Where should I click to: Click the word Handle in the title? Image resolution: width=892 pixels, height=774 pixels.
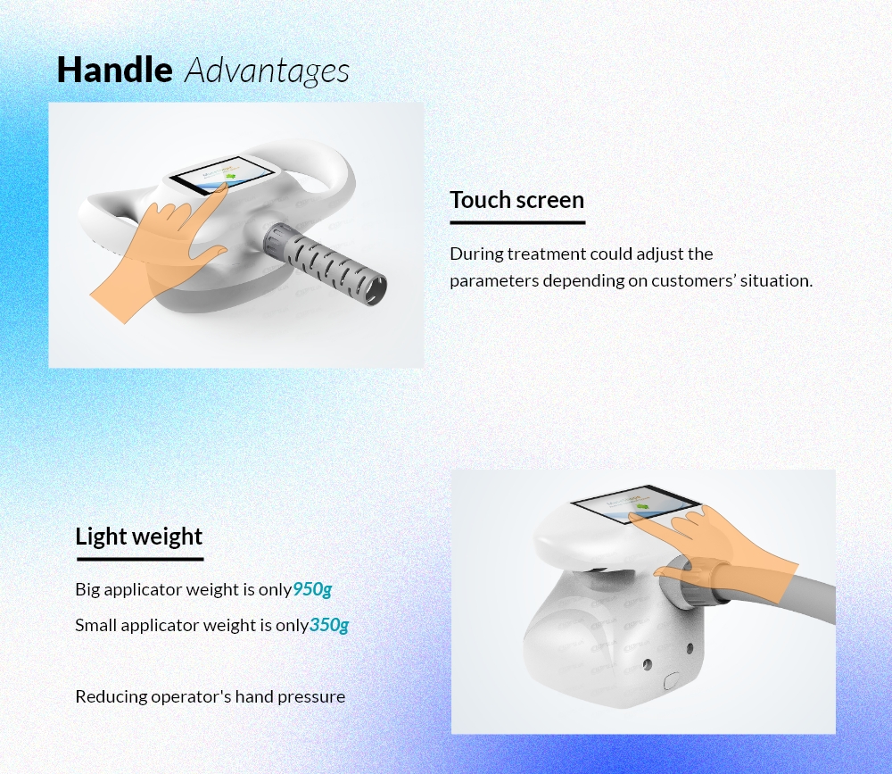114,70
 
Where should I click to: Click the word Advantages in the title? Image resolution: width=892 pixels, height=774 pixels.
267,71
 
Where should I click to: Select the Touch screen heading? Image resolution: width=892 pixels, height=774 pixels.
516,200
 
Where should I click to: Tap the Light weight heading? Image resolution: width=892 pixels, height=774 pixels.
138,537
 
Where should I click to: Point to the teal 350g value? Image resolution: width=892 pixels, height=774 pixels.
329,625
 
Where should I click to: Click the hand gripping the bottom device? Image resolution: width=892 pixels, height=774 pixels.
723,553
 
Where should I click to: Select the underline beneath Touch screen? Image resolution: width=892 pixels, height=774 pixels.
517,222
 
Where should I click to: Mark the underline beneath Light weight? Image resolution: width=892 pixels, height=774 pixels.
140,560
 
